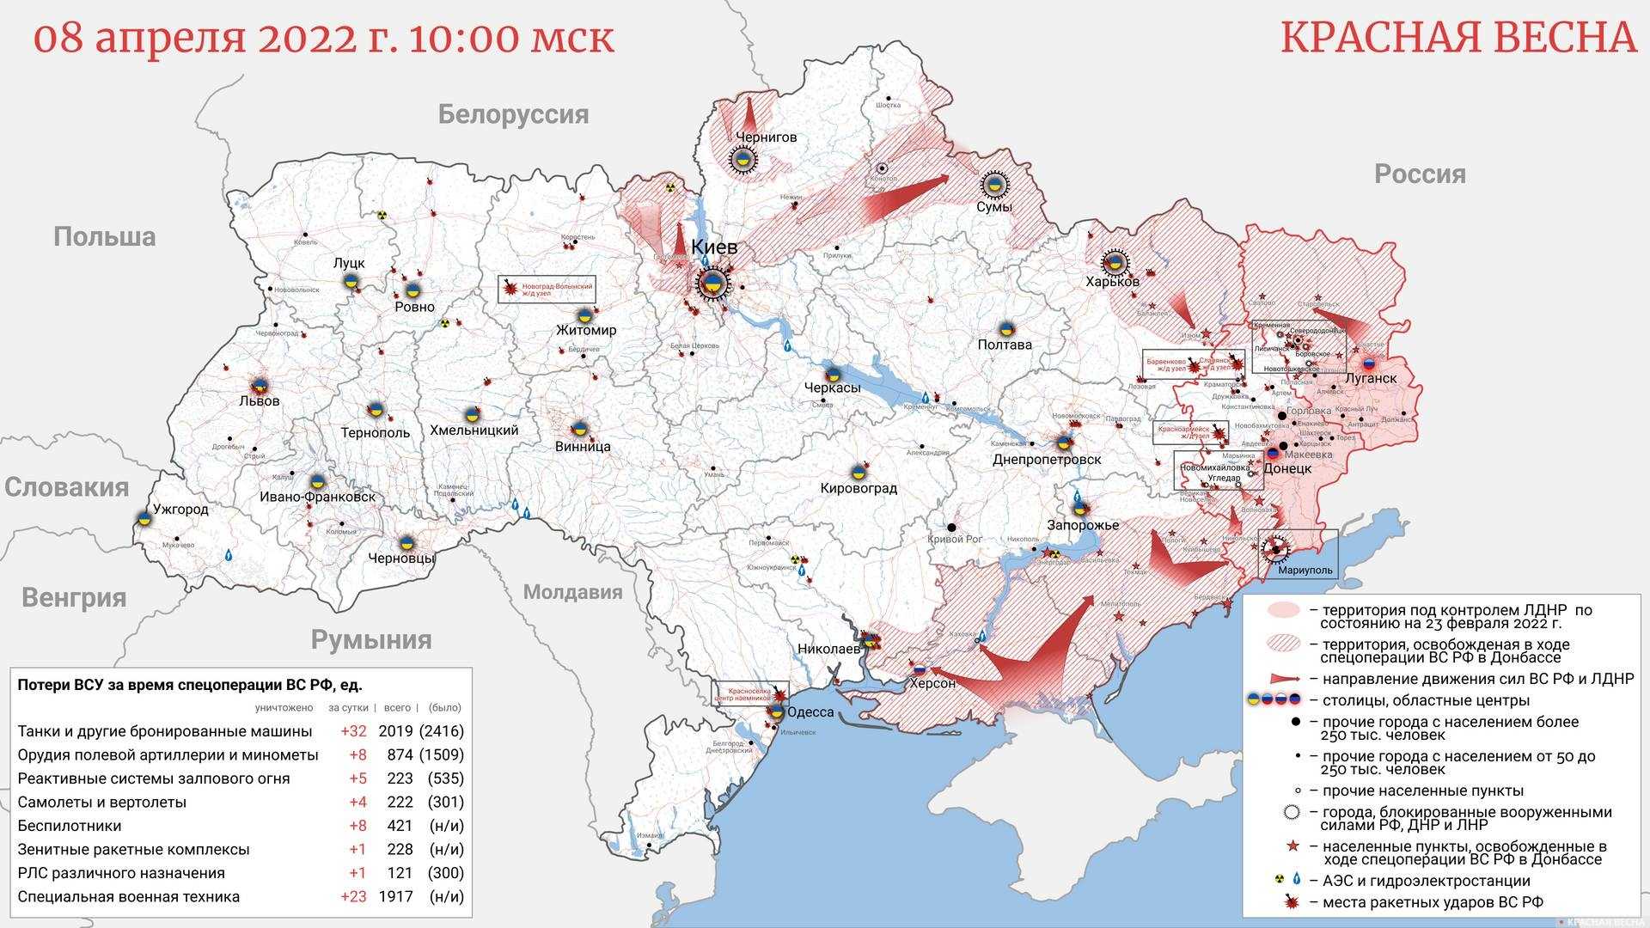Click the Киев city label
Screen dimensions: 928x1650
tap(714, 247)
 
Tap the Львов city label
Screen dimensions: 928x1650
tap(260, 401)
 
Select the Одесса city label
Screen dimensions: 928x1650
tap(810, 712)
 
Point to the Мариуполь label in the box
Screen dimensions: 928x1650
tap(1305, 570)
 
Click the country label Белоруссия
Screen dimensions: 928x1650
tap(513, 114)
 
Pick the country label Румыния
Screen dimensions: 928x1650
tap(371, 640)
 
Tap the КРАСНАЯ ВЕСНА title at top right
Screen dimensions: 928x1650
tap(1458, 38)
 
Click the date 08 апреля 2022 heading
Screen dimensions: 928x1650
tap(323, 38)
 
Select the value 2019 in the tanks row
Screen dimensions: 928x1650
tap(395, 731)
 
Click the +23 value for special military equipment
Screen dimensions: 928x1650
tap(352, 896)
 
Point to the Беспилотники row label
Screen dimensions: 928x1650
tap(70, 826)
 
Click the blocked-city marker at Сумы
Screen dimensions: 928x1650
tap(994, 184)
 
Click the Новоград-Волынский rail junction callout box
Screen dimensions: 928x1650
tap(547, 289)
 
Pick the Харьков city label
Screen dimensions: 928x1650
tap(1112, 282)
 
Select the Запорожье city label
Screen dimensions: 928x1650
tap(1082, 525)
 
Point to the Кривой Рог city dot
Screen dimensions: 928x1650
tap(951, 527)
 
